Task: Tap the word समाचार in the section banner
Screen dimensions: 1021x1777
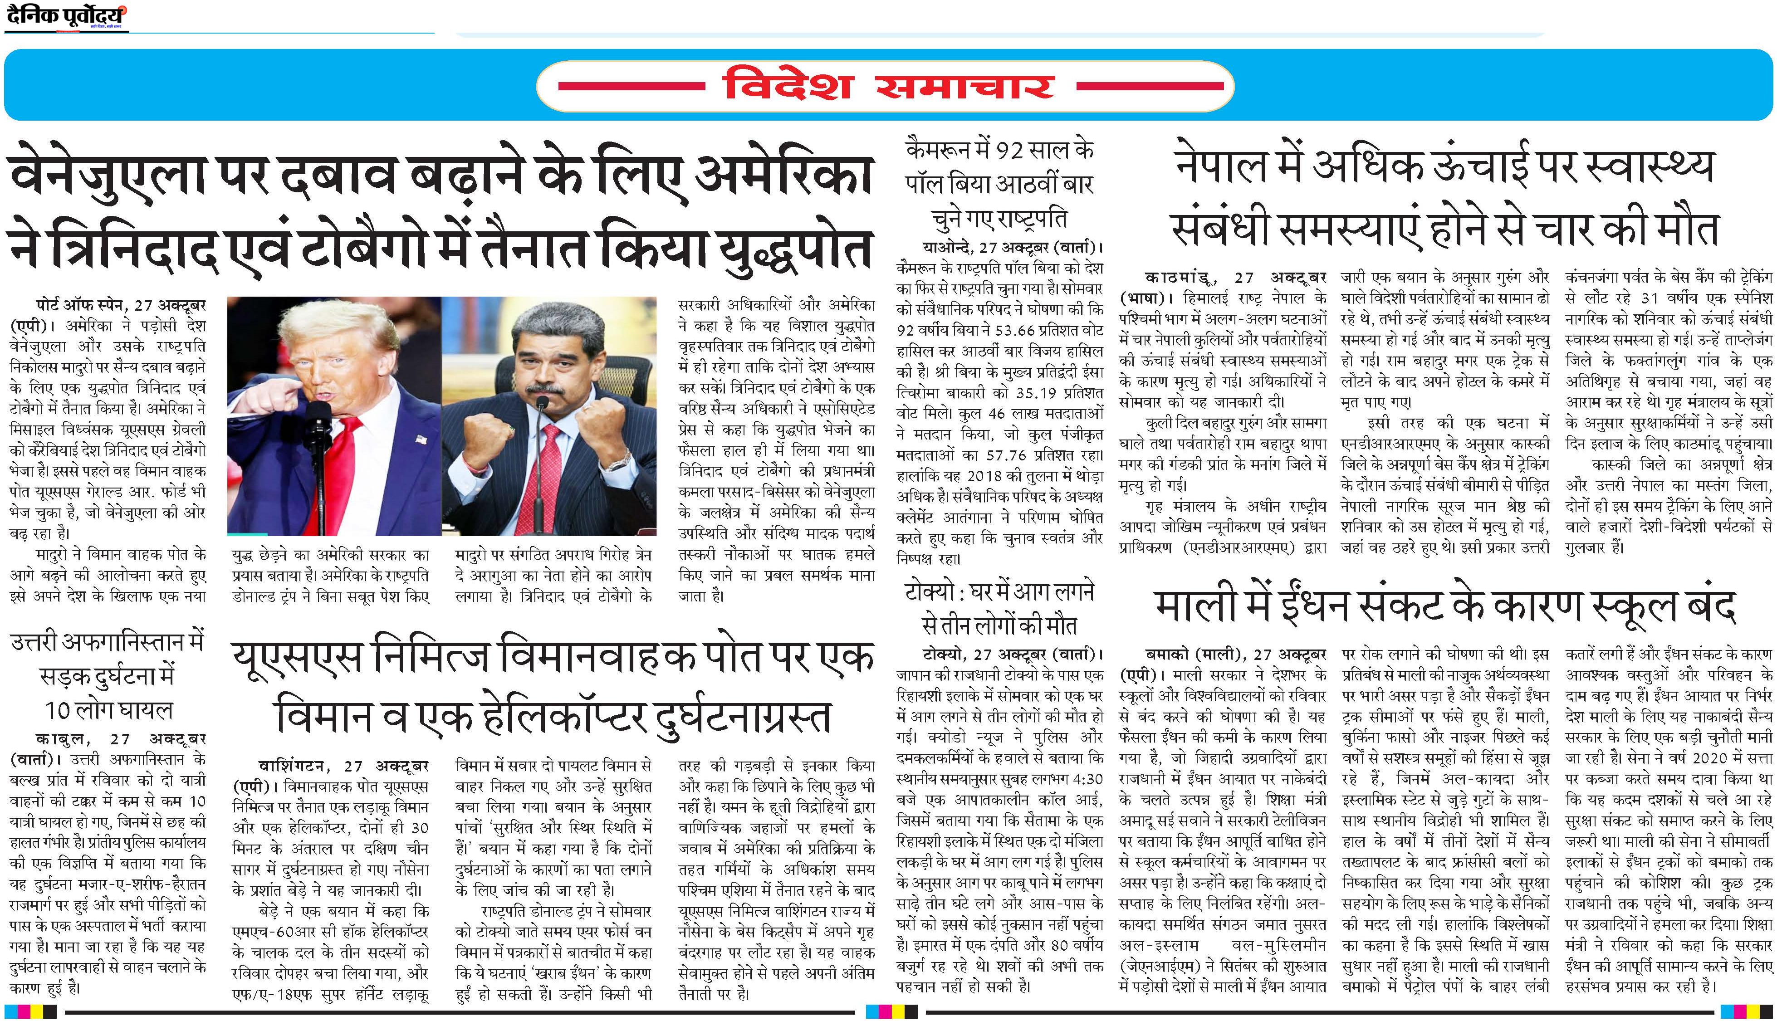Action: pos(966,86)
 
